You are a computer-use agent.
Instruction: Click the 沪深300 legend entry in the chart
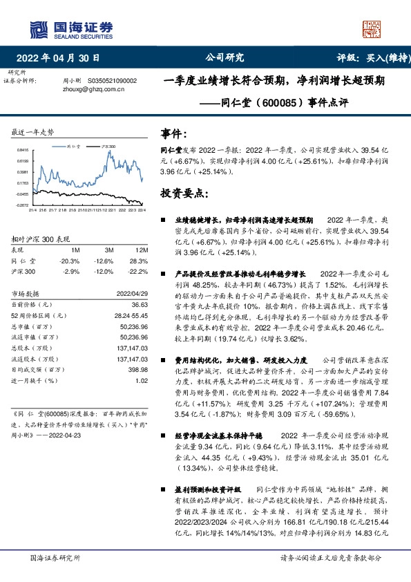point(108,147)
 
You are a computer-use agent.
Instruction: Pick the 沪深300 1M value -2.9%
point(71,272)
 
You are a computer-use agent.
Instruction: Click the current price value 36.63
point(140,305)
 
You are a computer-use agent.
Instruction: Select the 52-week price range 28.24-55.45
point(129,316)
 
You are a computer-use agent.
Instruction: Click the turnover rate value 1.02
point(142,380)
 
